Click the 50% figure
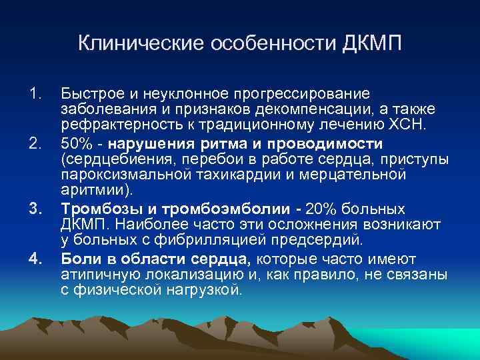[x=74, y=143]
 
